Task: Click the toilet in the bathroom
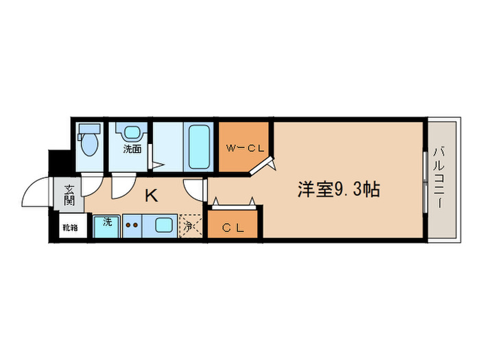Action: [88, 142]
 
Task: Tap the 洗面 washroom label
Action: [132, 148]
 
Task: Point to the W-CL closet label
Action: [245, 147]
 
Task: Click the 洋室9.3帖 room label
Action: [338, 190]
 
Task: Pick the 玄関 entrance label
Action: [69, 195]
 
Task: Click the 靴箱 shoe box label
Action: [69, 227]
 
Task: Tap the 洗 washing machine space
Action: [108, 226]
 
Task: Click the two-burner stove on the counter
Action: [132, 224]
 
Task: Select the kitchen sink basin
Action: [165, 225]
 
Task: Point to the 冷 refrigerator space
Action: [189, 224]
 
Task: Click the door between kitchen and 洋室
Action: [195, 189]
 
